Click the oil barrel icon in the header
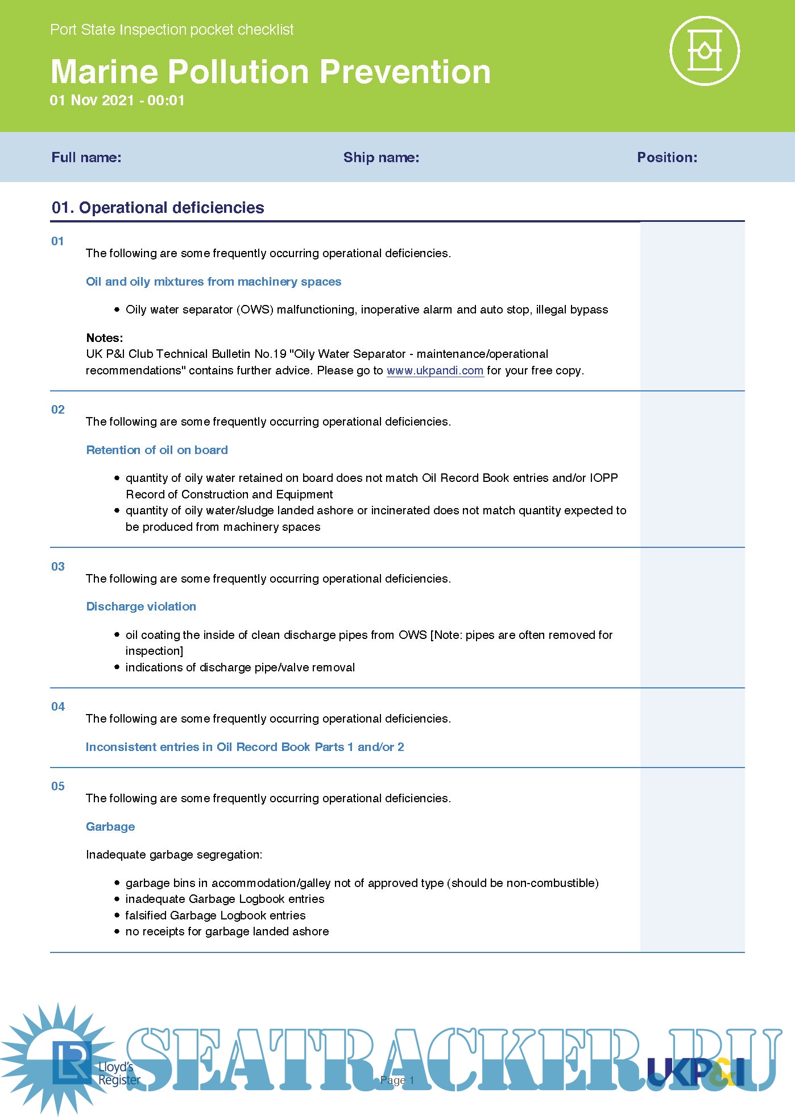click(705, 51)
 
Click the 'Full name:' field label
click(86, 158)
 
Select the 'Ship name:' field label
click(381, 158)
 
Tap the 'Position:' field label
click(666, 158)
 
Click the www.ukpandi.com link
click(435, 371)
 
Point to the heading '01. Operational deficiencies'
click(158, 208)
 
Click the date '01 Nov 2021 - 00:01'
click(117, 101)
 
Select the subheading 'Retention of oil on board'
click(157, 450)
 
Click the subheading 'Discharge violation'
click(141, 607)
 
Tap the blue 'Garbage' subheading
click(110, 827)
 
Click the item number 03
click(58, 567)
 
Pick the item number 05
click(58, 786)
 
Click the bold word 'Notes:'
click(105, 338)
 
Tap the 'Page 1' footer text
click(397, 1080)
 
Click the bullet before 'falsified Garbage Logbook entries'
click(117, 915)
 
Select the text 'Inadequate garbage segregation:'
click(174, 855)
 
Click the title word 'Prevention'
click(405, 72)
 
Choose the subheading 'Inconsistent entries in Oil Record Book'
click(245, 747)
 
